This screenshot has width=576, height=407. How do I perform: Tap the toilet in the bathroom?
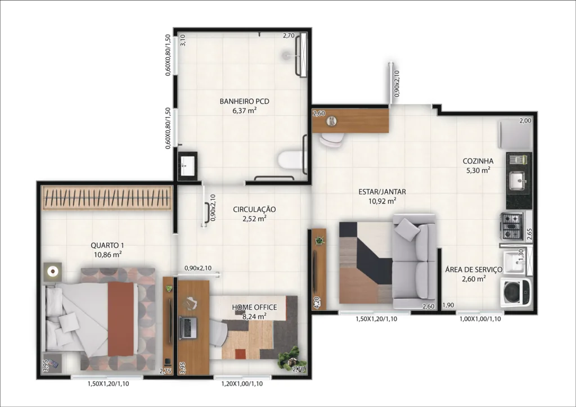(x=291, y=161)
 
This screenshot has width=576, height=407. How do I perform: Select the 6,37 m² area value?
(x=244, y=111)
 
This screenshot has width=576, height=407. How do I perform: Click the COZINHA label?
(x=478, y=161)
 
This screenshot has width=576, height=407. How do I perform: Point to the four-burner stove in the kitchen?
(x=512, y=226)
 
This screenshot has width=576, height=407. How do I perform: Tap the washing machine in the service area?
(x=516, y=292)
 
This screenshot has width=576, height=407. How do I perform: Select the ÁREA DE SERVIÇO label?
(x=474, y=270)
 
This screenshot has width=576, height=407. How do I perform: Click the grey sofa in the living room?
(x=415, y=261)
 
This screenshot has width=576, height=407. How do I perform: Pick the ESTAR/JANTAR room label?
(x=382, y=192)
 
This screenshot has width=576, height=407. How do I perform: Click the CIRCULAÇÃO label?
(x=254, y=210)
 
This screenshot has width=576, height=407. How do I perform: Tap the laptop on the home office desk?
(x=188, y=327)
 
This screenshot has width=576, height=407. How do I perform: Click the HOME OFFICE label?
(x=254, y=307)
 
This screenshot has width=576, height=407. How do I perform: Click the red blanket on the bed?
(x=121, y=319)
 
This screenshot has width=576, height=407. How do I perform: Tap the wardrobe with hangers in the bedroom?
(x=107, y=198)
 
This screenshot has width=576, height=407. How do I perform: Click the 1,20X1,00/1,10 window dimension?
(x=242, y=384)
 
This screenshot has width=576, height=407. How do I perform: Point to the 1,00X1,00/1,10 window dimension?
(x=480, y=319)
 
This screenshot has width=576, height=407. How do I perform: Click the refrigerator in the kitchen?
(x=515, y=134)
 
